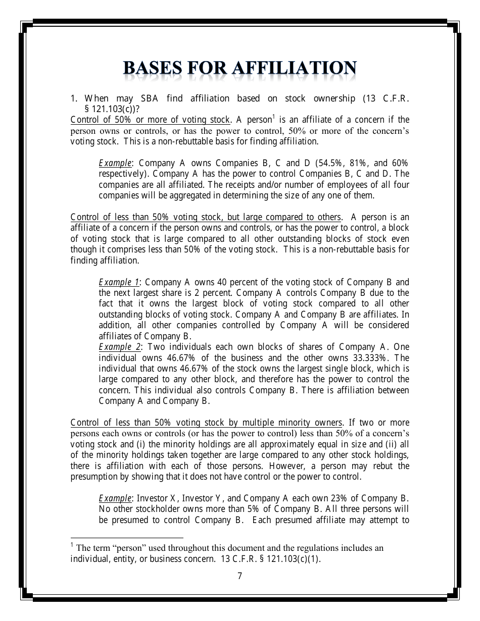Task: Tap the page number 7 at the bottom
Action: point(239,576)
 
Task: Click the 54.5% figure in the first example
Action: point(331,163)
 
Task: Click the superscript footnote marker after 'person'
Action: point(273,117)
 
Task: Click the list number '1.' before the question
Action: point(74,98)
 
